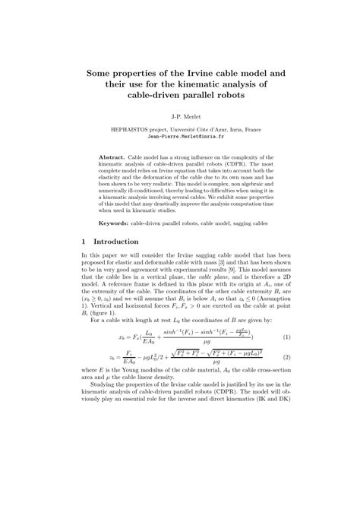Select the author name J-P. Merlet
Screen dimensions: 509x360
pyautogui.click(x=180, y=116)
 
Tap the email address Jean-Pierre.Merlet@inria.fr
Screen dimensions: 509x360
pyautogui.click(x=180, y=138)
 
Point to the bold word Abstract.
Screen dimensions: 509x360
pyautogui.click(x=114, y=157)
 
